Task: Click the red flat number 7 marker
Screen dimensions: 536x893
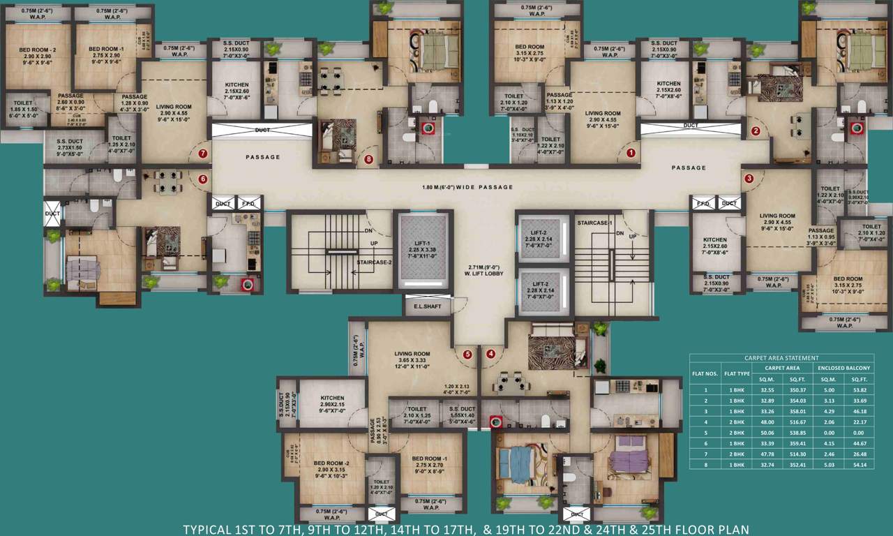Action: tap(203, 154)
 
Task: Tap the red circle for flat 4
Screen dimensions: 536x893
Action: tap(491, 354)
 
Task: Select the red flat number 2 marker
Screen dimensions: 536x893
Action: tap(755, 131)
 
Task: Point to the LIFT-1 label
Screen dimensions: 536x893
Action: tap(423, 244)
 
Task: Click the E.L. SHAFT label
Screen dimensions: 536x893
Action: tap(427, 306)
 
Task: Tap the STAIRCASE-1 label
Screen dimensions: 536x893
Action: tap(595, 223)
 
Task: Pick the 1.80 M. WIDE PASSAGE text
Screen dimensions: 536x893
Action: tap(467, 187)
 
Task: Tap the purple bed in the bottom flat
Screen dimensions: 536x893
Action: tap(630, 460)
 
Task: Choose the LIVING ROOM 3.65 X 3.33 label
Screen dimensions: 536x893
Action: tap(412, 358)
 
